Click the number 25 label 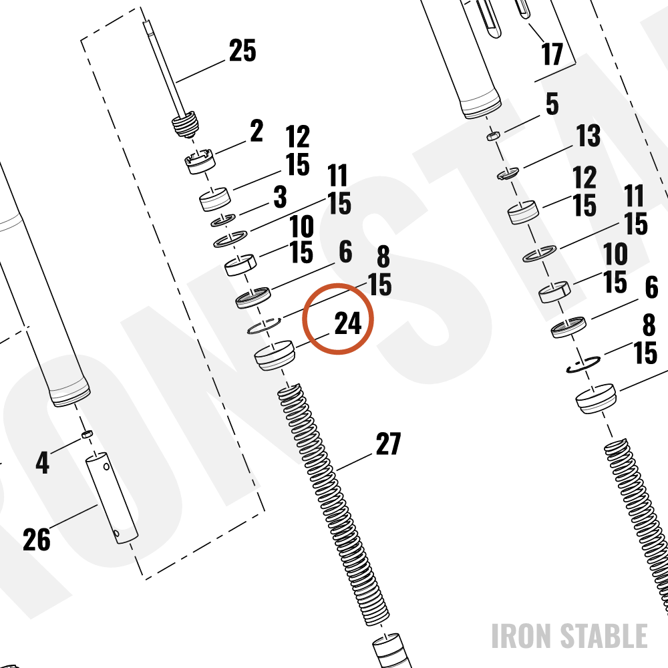point(242,51)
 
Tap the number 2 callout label point(257,130)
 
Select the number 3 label point(280,196)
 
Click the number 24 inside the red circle point(348,323)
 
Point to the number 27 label point(388,444)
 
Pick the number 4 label point(42,462)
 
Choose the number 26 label point(37,539)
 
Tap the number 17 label point(552,53)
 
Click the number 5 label point(552,104)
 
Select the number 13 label point(589,136)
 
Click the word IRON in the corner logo point(522,636)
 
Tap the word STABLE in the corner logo point(604,636)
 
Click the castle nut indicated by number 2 point(199,161)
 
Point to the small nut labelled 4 point(87,434)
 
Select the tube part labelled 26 point(112,498)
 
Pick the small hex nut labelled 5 point(494,136)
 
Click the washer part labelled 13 point(508,173)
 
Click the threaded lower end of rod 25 point(185,125)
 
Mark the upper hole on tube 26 point(106,466)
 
